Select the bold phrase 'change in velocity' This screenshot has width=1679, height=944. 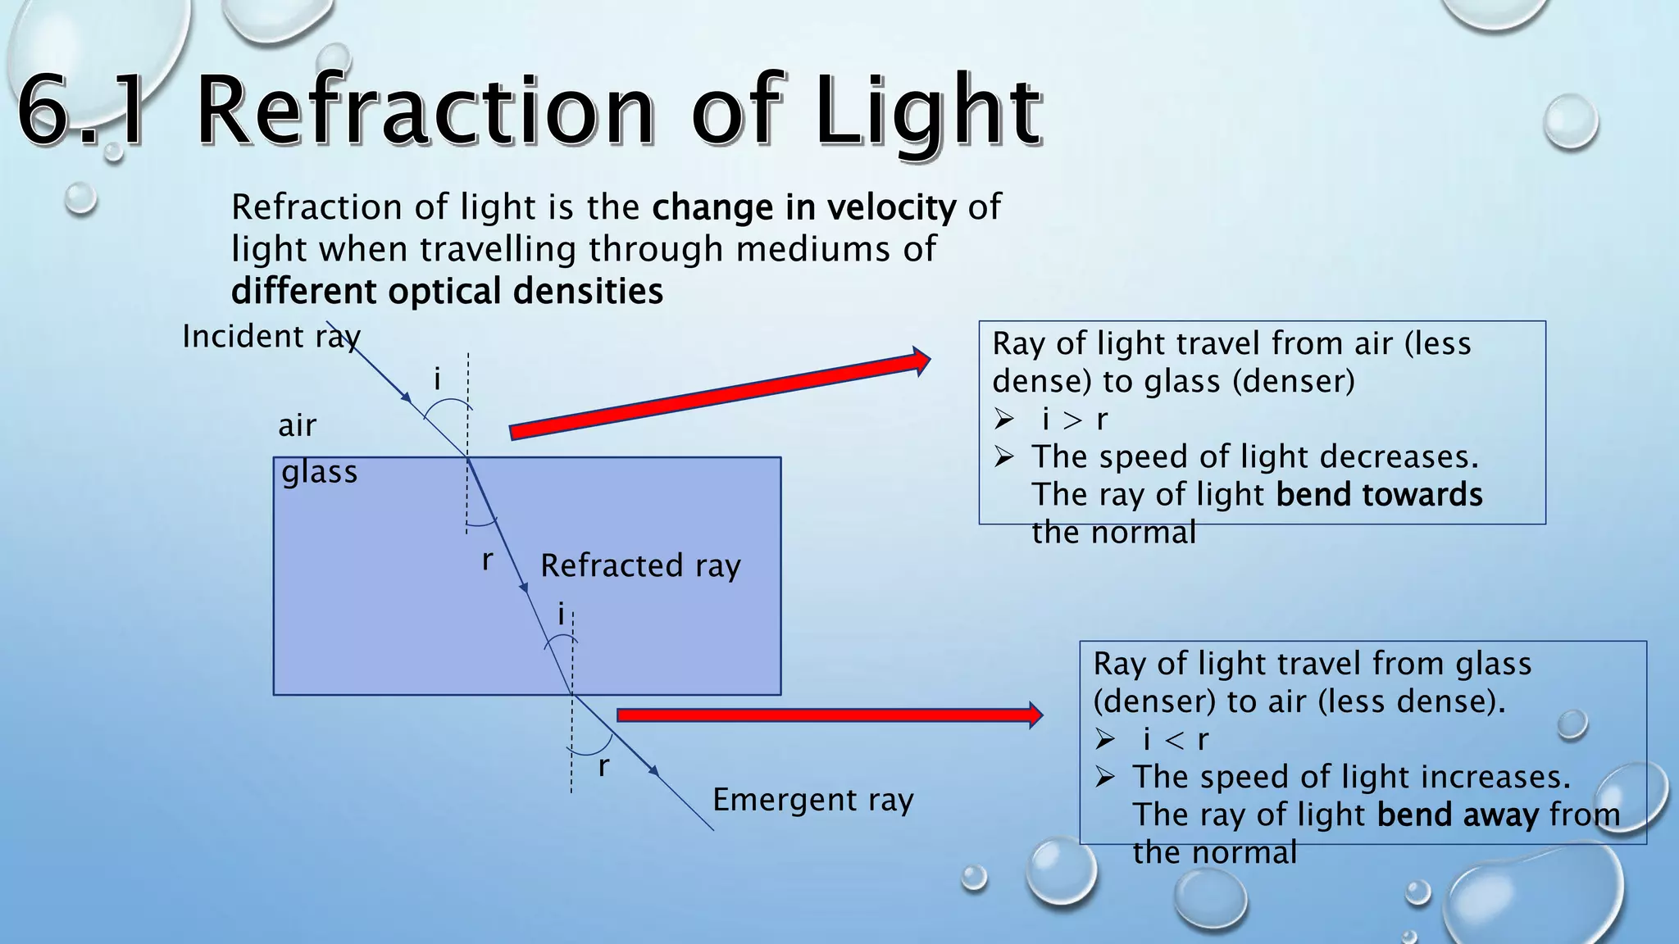[x=803, y=207]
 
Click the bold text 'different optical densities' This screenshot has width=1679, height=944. [x=447, y=292]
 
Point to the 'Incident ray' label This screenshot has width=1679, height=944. [x=271, y=337]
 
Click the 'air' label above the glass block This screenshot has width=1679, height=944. [x=297, y=425]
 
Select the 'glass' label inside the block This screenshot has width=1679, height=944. [x=319, y=472]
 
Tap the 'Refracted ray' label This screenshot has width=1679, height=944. [x=640, y=565]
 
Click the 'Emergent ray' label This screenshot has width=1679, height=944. [x=812, y=800]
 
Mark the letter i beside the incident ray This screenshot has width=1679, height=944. [x=437, y=379]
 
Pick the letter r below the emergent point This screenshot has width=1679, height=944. [x=603, y=767]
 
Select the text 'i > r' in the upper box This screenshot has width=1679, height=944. [x=1074, y=420]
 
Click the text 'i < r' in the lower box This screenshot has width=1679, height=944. [x=1175, y=740]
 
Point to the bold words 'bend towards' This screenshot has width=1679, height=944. [x=1379, y=495]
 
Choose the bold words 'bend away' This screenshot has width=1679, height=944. [x=1446, y=815]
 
